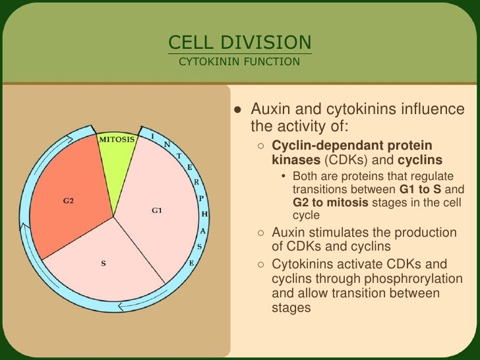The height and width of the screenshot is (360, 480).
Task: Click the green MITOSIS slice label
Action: tap(117, 139)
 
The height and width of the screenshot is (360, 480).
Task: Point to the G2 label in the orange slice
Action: tap(68, 200)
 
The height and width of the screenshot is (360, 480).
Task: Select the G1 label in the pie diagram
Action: tap(157, 211)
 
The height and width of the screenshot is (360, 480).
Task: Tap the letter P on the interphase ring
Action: tap(201, 197)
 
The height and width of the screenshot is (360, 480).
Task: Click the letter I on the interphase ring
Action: tap(153, 136)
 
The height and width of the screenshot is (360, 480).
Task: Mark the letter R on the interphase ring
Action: tap(196, 181)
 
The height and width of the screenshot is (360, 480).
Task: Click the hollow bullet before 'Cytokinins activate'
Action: tap(262, 264)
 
